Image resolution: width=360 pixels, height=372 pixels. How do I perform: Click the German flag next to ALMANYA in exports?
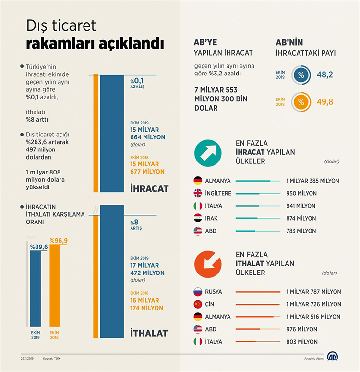(x=198, y=181)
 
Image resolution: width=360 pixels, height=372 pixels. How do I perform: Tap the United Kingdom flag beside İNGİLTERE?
(x=198, y=193)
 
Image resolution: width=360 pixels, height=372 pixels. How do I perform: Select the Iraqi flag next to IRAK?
(x=198, y=218)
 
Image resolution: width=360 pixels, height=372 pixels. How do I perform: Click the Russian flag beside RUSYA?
(x=198, y=292)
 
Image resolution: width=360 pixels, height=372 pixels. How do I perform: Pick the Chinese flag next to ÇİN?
(x=198, y=304)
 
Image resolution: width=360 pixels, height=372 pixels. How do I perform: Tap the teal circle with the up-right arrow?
(x=207, y=153)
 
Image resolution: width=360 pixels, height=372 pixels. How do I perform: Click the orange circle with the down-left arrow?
(x=207, y=263)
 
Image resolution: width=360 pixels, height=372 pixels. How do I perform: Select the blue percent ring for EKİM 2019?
(x=301, y=75)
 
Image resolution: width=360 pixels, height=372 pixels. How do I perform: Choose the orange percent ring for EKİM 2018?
(x=301, y=102)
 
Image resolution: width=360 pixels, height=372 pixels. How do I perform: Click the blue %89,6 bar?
(x=36, y=288)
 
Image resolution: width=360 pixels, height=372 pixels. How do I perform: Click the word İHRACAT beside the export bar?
(x=149, y=188)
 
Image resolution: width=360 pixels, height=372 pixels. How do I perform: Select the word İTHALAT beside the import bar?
(x=149, y=333)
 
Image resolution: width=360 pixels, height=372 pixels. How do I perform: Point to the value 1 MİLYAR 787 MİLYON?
(x=313, y=292)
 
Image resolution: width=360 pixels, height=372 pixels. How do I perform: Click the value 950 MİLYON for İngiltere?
(x=300, y=193)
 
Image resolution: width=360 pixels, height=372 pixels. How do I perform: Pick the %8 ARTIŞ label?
(x=137, y=225)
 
